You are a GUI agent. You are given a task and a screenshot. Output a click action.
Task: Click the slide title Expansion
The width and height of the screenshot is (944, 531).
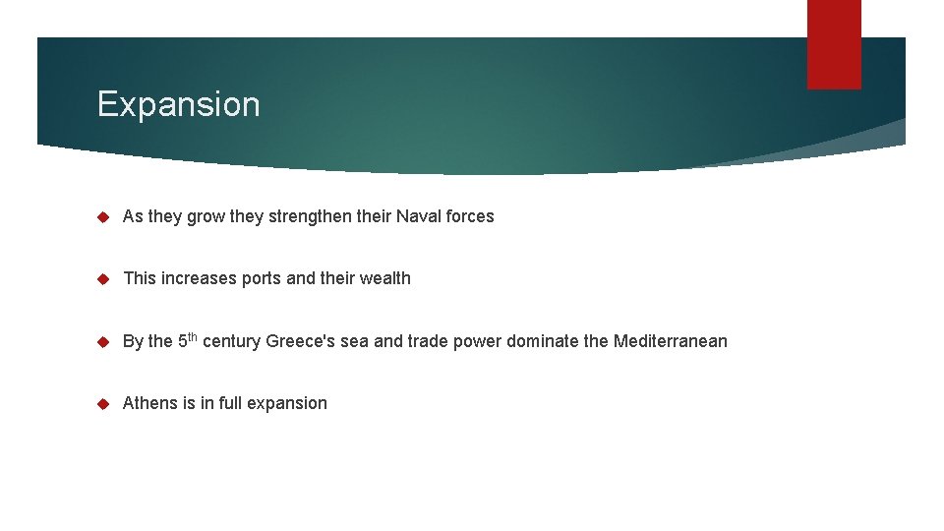tap(178, 104)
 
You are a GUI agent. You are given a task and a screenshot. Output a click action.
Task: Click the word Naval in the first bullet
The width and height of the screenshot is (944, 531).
tap(419, 216)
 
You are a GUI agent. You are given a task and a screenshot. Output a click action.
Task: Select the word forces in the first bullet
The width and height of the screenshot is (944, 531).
tap(470, 216)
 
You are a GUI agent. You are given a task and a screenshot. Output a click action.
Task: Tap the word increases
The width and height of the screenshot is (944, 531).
tap(200, 278)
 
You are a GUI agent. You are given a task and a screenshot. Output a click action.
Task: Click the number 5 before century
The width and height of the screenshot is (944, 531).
tap(183, 341)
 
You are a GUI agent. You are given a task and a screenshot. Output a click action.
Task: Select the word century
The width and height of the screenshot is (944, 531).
tap(231, 342)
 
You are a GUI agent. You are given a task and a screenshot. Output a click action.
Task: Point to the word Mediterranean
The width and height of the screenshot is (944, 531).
tap(671, 341)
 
